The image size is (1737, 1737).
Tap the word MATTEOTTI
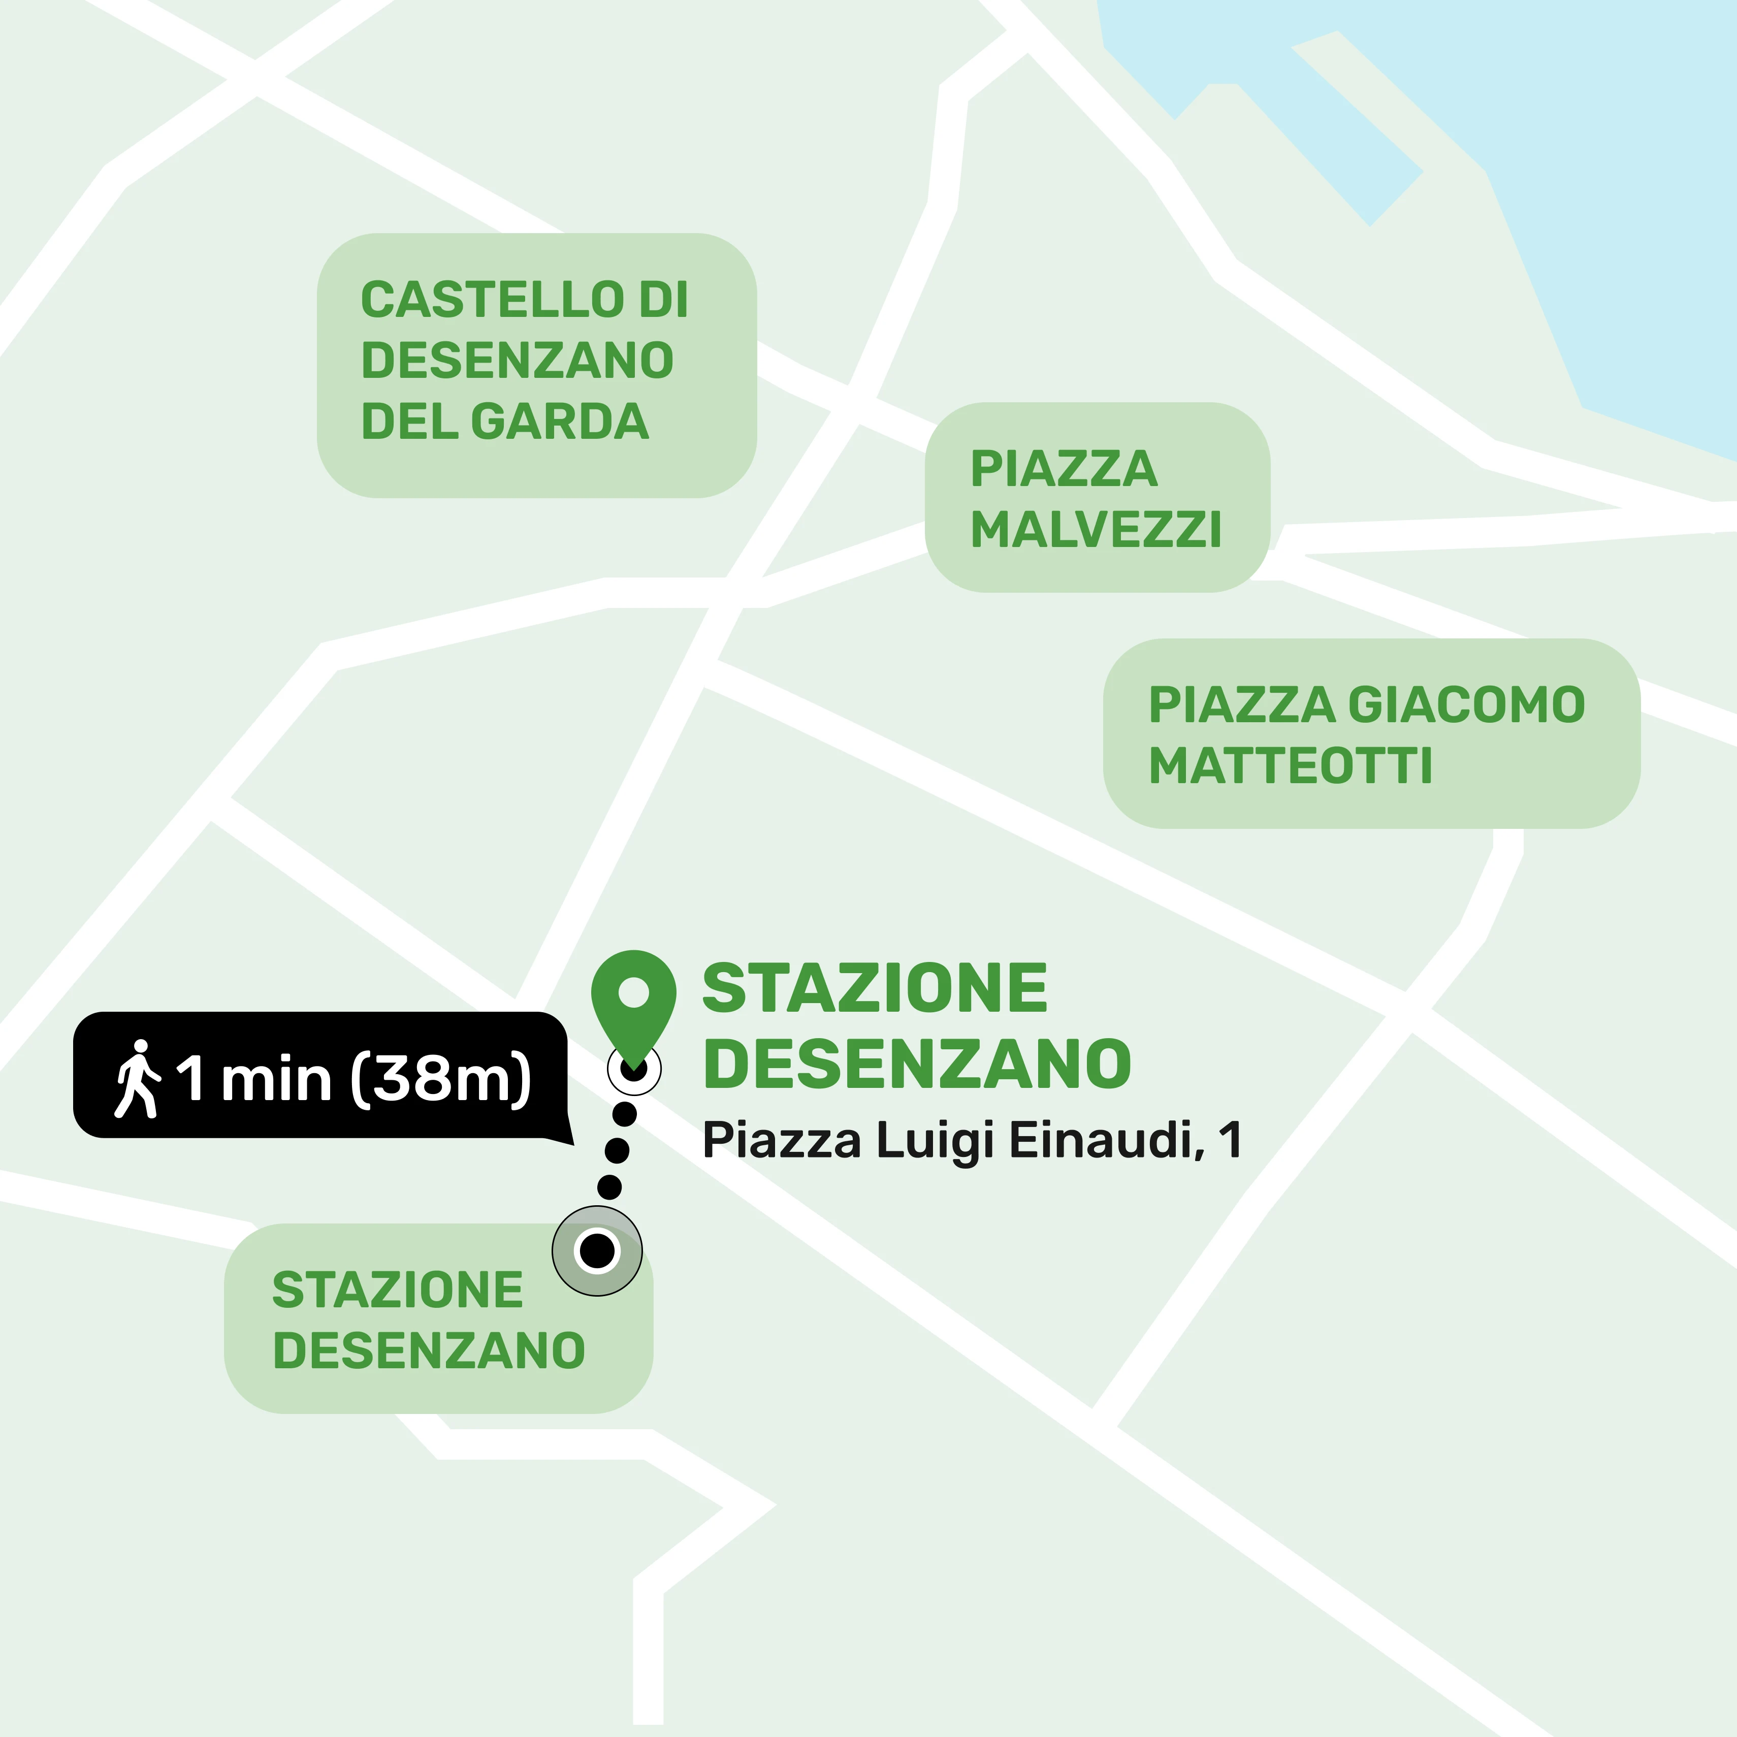[1290, 766]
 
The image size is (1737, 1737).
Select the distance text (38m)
[440, 1078]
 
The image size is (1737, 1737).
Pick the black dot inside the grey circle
[597, 1250]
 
